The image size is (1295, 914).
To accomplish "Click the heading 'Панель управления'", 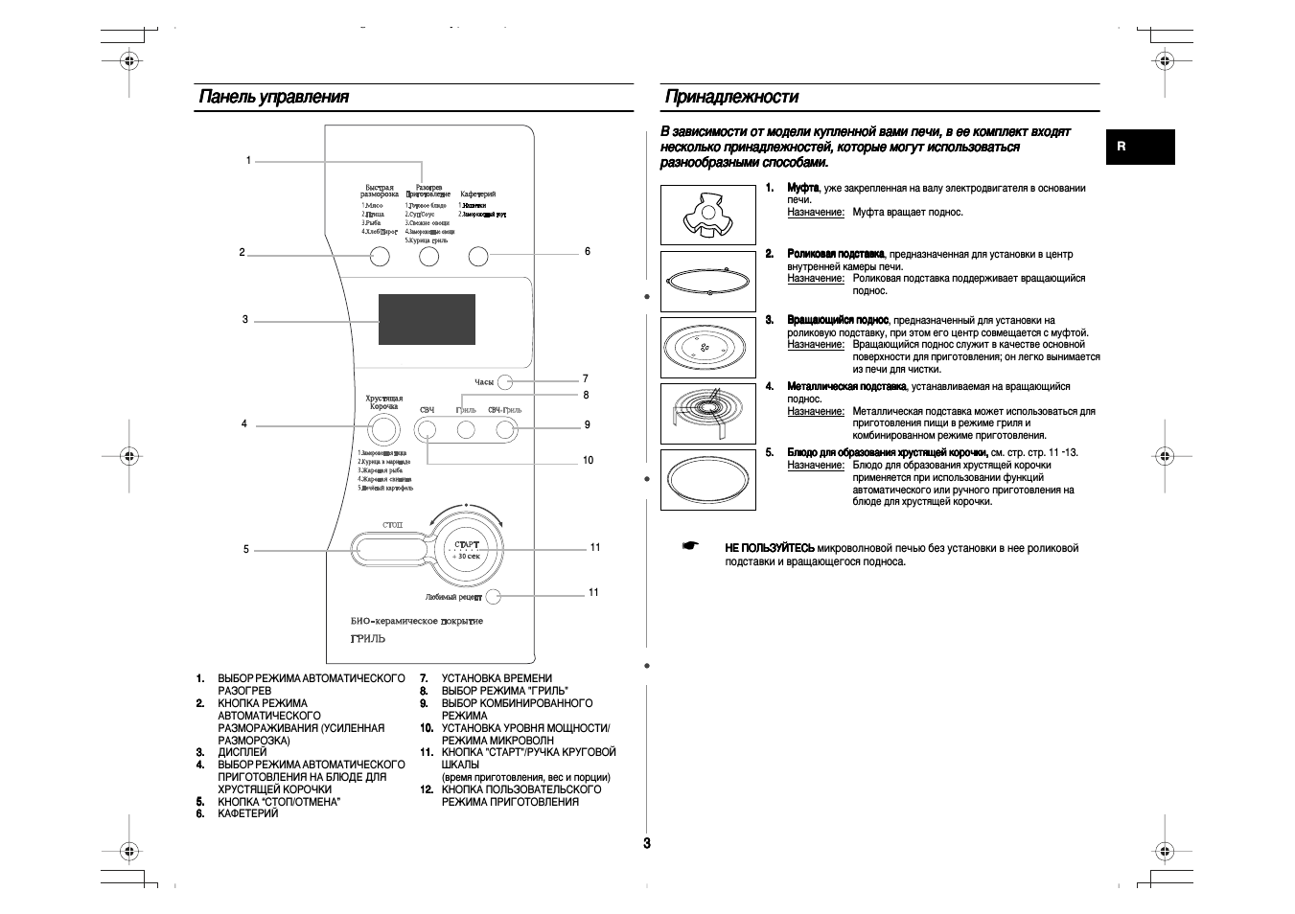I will [x=274, y=97].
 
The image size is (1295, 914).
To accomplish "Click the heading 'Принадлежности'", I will [x=731, y=97].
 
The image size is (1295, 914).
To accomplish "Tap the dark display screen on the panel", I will [x=427, y=319].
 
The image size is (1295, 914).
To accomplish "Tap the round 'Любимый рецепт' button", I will [x=494, y=597].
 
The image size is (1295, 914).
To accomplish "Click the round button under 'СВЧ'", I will [x=428, y=430].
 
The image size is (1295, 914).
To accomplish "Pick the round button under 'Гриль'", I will [x=466, y=430].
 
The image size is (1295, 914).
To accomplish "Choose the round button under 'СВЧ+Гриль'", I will [x=506, y=430].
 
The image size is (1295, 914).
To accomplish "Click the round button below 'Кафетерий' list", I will [x=478, y=256].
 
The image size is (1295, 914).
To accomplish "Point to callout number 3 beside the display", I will [x=244, y=320].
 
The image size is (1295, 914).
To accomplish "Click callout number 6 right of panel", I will [x=588, y=252].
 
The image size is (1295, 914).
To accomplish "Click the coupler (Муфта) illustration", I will [x=707, y=215].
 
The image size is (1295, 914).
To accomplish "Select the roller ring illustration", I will [x=707, y=281].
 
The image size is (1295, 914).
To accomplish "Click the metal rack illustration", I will [x=707, y=413].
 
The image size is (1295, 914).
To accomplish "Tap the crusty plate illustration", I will [x=707, y=479].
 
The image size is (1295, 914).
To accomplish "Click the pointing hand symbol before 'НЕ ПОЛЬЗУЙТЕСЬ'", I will [x=690, y=546].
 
